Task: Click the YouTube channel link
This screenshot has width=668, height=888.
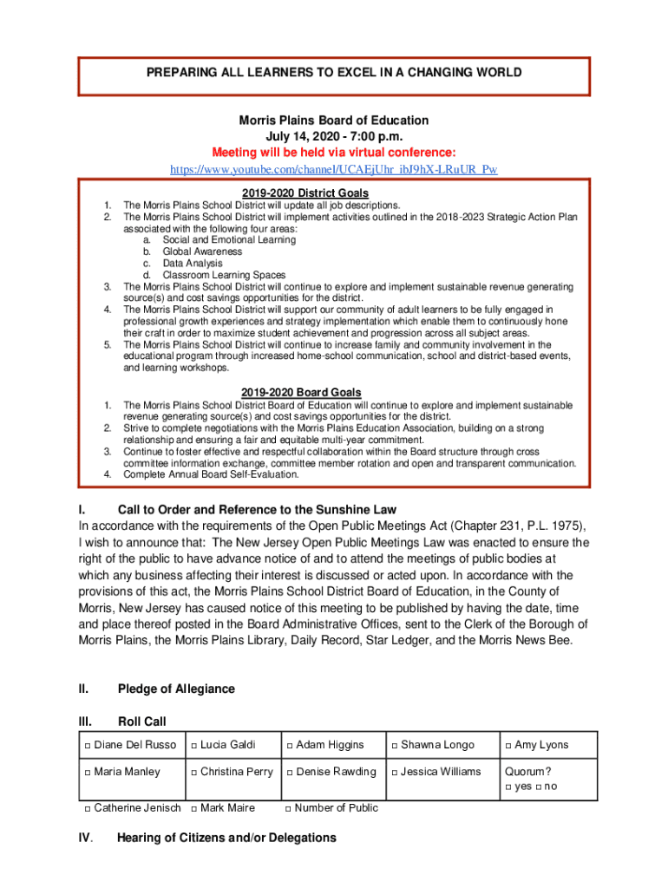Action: pos(334,168)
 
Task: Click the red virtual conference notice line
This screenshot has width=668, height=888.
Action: pos(334,152)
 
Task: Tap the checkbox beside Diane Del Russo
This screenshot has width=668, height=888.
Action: pos(88,746)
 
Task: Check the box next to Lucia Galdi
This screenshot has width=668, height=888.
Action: pos(194,746)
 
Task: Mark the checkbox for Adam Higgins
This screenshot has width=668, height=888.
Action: pos(289,746)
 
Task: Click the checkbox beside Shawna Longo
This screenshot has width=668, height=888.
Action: pos(395,746)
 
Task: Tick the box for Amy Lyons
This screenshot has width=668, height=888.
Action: pos(508,746)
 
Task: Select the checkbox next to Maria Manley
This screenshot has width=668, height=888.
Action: pos(88,773)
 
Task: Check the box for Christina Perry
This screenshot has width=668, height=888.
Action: pos(194,773)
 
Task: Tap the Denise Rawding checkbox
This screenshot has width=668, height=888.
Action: pos(289,773)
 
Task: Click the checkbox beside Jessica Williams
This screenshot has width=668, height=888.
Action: pos(395,773)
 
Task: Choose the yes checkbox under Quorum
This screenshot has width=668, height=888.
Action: pos(508,787)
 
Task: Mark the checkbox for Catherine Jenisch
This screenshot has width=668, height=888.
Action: pos(88,809)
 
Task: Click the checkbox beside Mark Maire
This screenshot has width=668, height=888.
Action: pos(194,809)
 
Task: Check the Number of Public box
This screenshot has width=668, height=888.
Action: pos(289,809)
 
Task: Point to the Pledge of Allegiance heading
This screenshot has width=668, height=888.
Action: pos(176,689)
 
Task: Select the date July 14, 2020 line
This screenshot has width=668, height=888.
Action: pos(334,136)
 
